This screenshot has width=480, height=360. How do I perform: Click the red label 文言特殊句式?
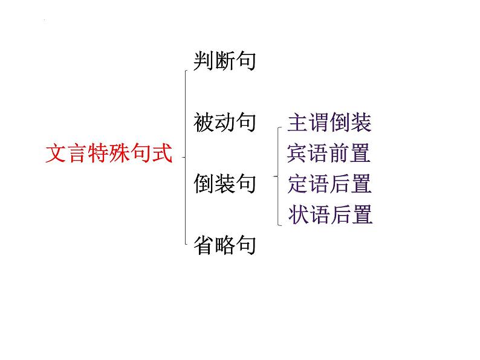pos(109,153)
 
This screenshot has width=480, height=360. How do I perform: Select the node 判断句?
pos(225,61)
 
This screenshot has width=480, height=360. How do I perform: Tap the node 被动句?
pos(225,123)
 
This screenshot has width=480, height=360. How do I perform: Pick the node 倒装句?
pos(225,184)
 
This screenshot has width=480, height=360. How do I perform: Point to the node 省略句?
pos(225,245)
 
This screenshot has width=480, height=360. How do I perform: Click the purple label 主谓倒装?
pos(329,123)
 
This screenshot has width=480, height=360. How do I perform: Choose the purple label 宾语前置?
pos(329,153)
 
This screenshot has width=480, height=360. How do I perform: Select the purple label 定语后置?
pos(329,184)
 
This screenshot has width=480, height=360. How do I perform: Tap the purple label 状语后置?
pos(330,214)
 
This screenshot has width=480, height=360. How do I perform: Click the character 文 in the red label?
pos(56,153)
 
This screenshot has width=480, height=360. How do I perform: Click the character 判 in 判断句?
pos(204,61)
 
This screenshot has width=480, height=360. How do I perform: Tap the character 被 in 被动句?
pos(204,123)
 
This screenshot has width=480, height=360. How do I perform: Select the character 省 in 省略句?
pos(204,245)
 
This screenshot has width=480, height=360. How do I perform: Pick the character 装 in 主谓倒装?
pos(361,123)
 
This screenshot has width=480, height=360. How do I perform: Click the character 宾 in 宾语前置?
pos(297,153)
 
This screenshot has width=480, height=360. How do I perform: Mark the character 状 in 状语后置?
pos(299,214)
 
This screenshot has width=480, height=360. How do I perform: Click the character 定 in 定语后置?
pos(297,184)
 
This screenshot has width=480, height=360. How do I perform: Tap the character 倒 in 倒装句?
pos(204,184)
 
